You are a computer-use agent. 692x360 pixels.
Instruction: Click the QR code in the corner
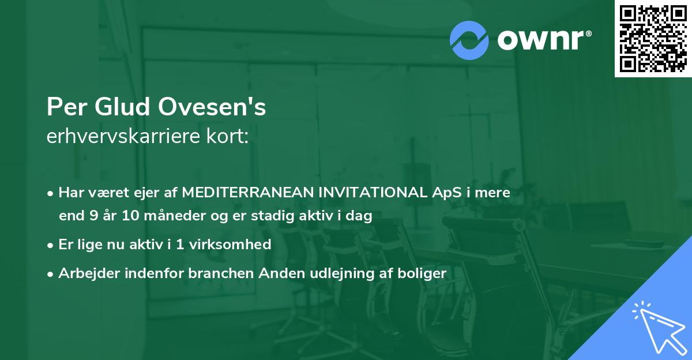tap(653, 38)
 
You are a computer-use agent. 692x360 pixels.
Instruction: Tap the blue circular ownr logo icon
tap(469, 40)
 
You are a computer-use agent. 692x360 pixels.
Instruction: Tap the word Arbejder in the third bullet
tap(86, 273)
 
